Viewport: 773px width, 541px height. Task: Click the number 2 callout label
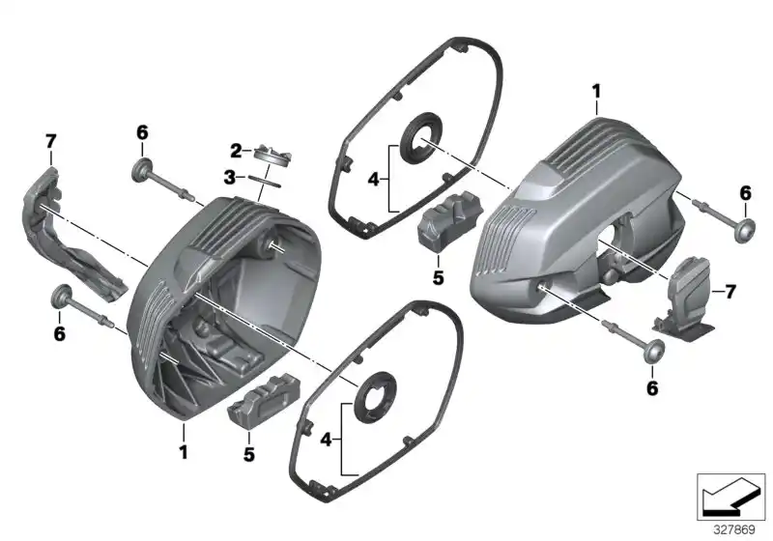tap(235, 150)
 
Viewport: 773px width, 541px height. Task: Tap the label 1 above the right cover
tap(596, 92)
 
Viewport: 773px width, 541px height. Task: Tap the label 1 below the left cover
tap(183, 451)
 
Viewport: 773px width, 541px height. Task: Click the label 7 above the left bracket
tap(51, 143)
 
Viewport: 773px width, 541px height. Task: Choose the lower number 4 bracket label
tap(326, 440)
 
